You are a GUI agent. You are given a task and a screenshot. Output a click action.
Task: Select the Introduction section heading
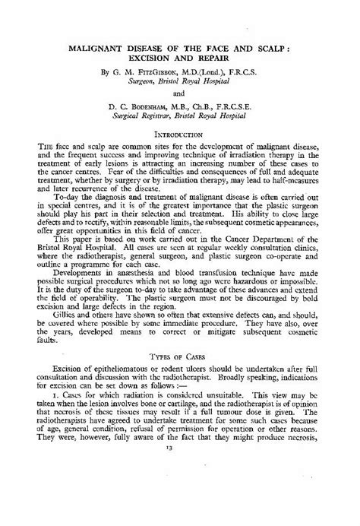(179, 135)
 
